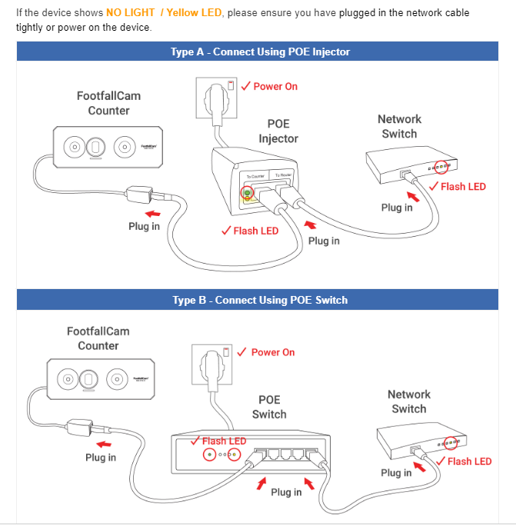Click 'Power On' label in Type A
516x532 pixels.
275,87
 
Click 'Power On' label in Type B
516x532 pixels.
272,352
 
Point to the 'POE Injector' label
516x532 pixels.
278,131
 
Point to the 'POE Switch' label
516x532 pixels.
269,407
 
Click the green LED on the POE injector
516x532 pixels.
247,192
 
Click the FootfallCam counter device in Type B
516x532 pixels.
99,380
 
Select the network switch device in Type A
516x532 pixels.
409,165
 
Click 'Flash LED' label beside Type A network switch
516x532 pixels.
463,187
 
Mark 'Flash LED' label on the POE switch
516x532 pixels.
224,441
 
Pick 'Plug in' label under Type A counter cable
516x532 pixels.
144,227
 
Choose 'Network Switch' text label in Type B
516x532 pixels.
409,401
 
